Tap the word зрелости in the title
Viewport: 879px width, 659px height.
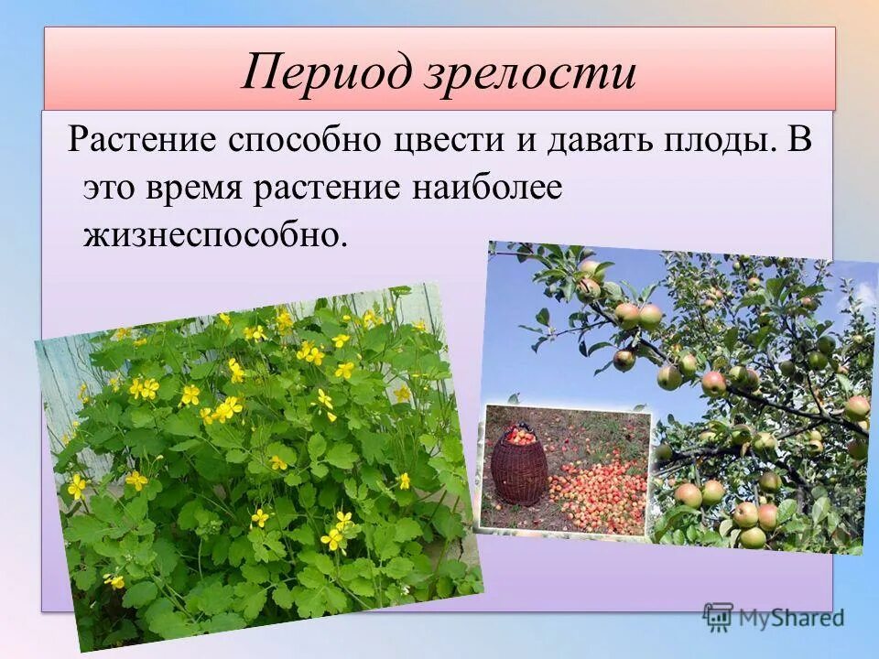click(x=530, y=74)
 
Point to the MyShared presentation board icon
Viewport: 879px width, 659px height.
click(x=718, y=617)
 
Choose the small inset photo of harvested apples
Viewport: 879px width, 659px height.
click(x=566, y=470)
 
